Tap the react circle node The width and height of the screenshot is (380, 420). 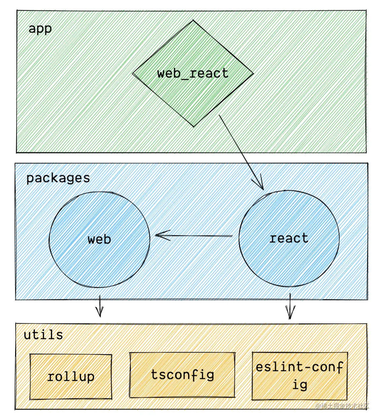click(289, 260)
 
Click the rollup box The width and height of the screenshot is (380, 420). click(71, 388)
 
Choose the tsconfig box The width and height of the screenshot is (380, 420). click(182, 388)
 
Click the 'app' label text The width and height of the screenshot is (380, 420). click(40, 29)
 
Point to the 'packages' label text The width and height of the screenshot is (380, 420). click(58, 178)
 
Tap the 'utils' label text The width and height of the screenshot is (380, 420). click(43, 335)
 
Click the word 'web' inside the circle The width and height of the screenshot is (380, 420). click(99, 239)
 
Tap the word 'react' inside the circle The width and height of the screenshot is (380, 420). click(289, 238)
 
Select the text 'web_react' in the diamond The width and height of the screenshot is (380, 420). click(193, 73)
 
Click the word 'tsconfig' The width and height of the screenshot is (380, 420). click(182, 374)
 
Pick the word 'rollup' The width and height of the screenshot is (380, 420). click(71, 377)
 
